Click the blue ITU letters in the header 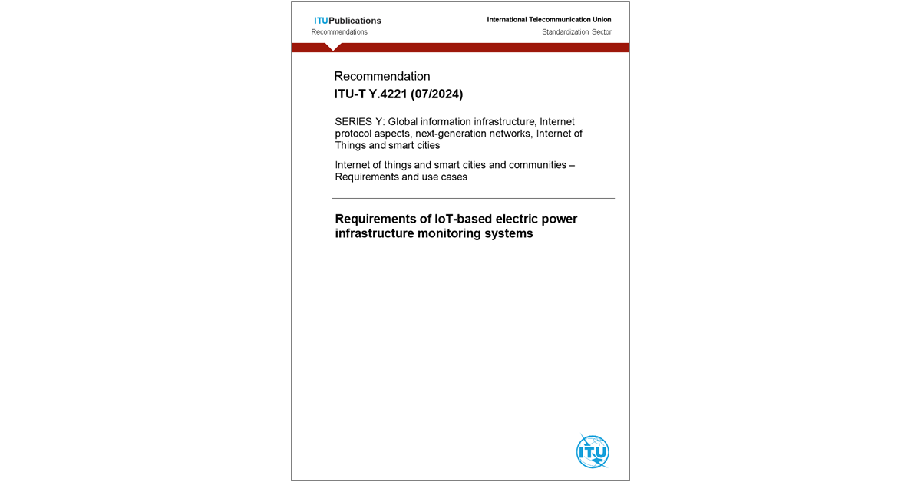point(321,21)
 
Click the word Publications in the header point(355,21)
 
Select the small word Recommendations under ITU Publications point(339,32)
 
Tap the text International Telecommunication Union point(549,20)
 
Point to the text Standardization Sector point(576,32)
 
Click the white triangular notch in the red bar point(333,47)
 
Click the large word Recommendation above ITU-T point(382,76)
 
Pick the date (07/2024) point(437,94)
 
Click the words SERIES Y point(359,121)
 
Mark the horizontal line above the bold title point(473,198)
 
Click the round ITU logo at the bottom point(593,451)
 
